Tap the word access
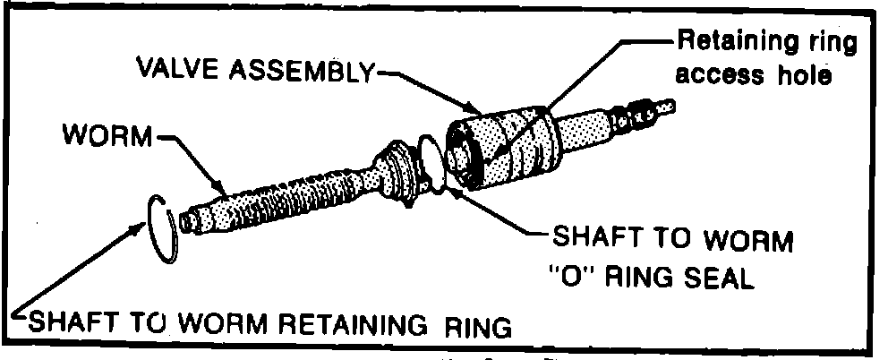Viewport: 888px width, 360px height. tap(717, 74)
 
